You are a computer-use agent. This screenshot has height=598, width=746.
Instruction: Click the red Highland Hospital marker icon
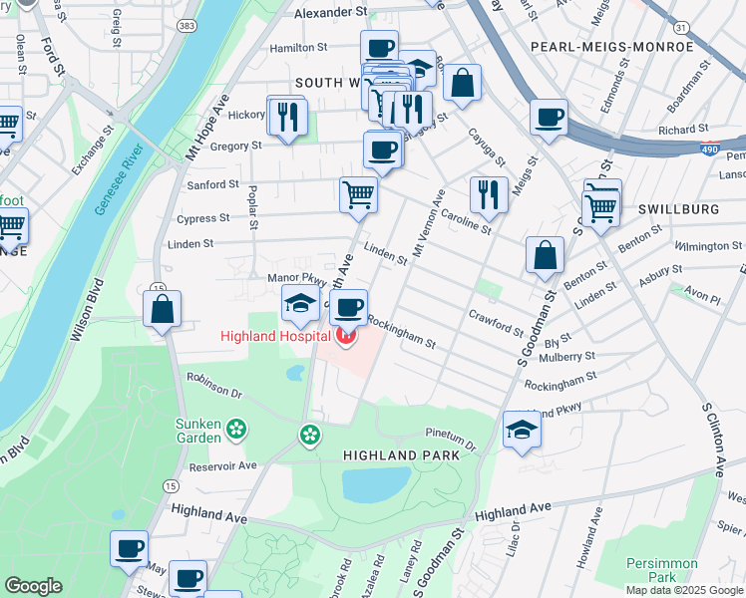tap(346, 337)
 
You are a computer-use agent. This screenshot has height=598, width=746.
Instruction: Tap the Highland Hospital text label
tap(276, 337)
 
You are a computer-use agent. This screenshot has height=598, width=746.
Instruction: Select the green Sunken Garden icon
tap(236, 430)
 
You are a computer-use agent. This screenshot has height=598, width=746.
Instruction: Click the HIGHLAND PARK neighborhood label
tap(401, 454)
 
